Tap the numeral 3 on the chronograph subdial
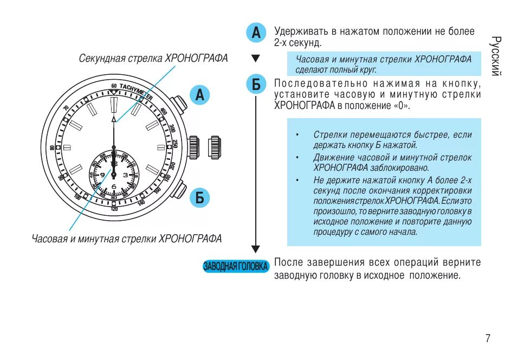tap(125, 175)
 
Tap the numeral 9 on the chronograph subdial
tap(102, 175)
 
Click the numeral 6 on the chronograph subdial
tap(114, 187)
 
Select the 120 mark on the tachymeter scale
tap(114, 208)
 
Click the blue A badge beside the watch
tap(199, 95)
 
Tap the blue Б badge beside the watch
tap(199, 198)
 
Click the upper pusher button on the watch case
tap(178, 104)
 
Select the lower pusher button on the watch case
tap(179, 191)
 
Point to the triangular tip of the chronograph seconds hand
tap(114, 118)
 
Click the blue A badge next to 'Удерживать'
tap(256, 34)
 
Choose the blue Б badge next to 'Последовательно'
tap(256, 85)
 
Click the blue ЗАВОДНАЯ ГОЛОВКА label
tap(236, 266)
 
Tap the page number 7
tap(488, 339)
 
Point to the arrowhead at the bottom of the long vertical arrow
tap(256, 249)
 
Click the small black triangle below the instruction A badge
tap(256, 59)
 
